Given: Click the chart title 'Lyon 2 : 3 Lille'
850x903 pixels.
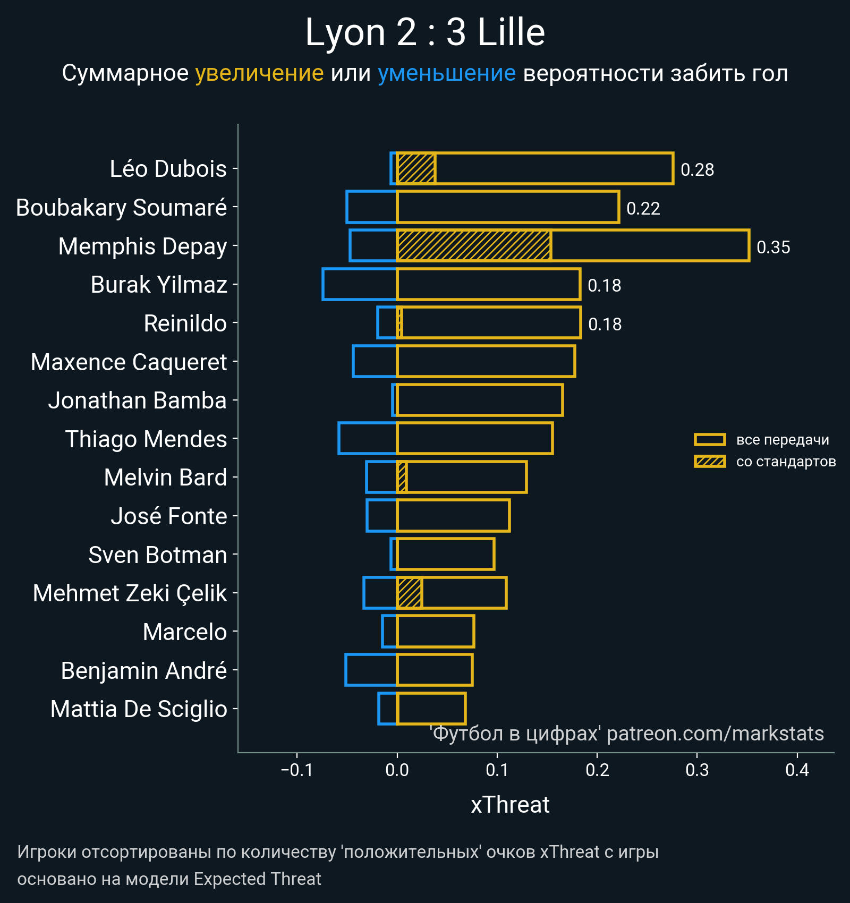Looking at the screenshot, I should [425, 33].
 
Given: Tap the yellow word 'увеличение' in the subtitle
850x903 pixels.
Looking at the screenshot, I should [259, 73].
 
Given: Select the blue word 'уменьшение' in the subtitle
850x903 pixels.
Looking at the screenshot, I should [446, 73].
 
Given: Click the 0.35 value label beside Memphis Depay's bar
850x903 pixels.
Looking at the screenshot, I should [773, 247].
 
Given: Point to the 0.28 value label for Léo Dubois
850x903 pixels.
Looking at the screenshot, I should [697, 169].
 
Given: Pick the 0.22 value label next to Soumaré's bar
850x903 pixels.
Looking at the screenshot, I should [643, 208].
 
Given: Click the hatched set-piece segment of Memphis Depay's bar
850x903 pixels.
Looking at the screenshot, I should [474, 245].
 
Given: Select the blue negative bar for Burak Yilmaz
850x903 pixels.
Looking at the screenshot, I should [360, 284].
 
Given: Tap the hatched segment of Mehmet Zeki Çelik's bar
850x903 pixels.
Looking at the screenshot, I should [410, 593].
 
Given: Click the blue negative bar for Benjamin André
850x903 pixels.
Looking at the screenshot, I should [371, 670].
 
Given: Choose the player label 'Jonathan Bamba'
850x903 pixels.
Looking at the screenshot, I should [138, 401].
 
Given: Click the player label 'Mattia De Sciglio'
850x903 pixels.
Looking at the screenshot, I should [139, 709].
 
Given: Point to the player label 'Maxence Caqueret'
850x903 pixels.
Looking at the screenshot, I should [129, 362].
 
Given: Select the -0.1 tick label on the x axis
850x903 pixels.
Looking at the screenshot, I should [297, 770].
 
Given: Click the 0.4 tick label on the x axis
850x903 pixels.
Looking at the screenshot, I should [797, 770].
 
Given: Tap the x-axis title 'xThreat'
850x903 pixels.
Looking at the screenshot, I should [510, 805].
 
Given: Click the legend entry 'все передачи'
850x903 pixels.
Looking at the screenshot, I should [782, 440].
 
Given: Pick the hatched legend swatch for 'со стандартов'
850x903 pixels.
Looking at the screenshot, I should [710, 461].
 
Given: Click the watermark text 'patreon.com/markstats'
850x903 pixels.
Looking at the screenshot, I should [715, 734].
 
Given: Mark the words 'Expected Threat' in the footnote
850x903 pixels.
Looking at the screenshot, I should [258, 879].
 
